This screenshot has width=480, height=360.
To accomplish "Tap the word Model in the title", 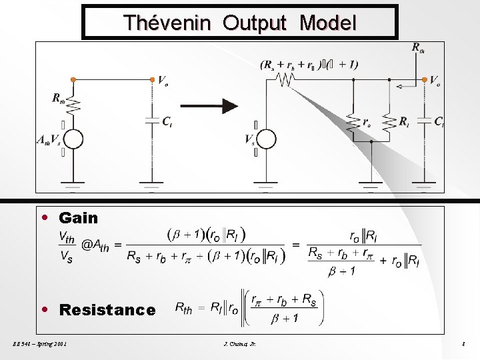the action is point(327,23).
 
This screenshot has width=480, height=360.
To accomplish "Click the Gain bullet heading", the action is point(78,218).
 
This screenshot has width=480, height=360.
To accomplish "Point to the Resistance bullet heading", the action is point(107,310).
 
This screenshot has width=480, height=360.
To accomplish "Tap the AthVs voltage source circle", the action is point(73,139).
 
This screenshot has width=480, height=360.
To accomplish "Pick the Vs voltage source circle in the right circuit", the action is point(266,139).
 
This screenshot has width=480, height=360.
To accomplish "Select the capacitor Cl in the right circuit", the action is point(424,121).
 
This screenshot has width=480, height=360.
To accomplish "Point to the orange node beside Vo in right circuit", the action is point(424,79).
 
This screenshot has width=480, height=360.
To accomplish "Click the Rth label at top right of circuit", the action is point(418,47).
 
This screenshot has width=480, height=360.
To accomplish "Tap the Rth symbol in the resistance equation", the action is point(183,307).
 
